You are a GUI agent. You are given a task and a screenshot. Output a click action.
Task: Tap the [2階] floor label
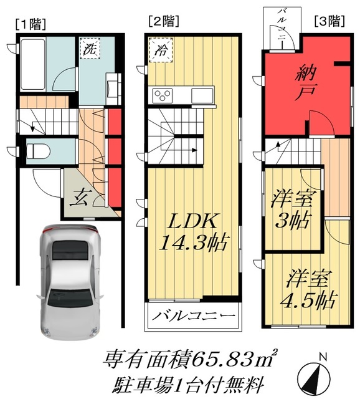click(163, 21)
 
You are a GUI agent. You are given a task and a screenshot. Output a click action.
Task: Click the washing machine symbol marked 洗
click(89, 49)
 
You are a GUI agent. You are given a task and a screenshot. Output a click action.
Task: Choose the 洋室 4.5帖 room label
click(308, 288)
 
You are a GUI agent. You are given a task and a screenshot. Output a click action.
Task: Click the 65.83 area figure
click(225, 358)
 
